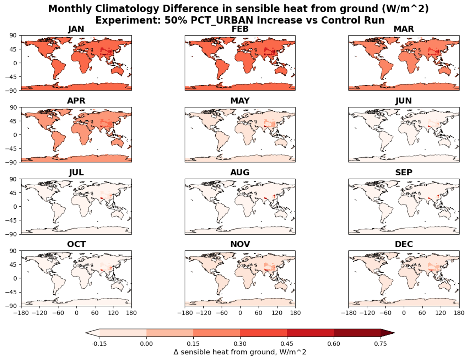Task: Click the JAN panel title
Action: click(x=76, y=29)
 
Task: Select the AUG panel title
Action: click(x=240, y=173)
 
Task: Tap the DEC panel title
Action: click(x=404, y=244)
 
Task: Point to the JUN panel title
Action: click(x=404, y=101)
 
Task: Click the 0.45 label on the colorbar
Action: click(x=287, y=344)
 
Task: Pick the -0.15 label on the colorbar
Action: click(x=99, y=344)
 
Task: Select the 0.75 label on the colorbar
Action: click(x=380, y=344)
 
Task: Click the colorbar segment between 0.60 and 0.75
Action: click(x=357, y=333)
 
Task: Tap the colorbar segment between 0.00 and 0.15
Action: click(x=170, y=333)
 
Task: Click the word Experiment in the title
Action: click(x=128, y=20)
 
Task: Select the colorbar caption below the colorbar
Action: click(x=240, y=352)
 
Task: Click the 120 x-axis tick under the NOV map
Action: click(x=277, y=313)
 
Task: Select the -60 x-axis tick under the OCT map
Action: click(x=58, y=313)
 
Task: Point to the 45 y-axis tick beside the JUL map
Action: click(x=13, y=193)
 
